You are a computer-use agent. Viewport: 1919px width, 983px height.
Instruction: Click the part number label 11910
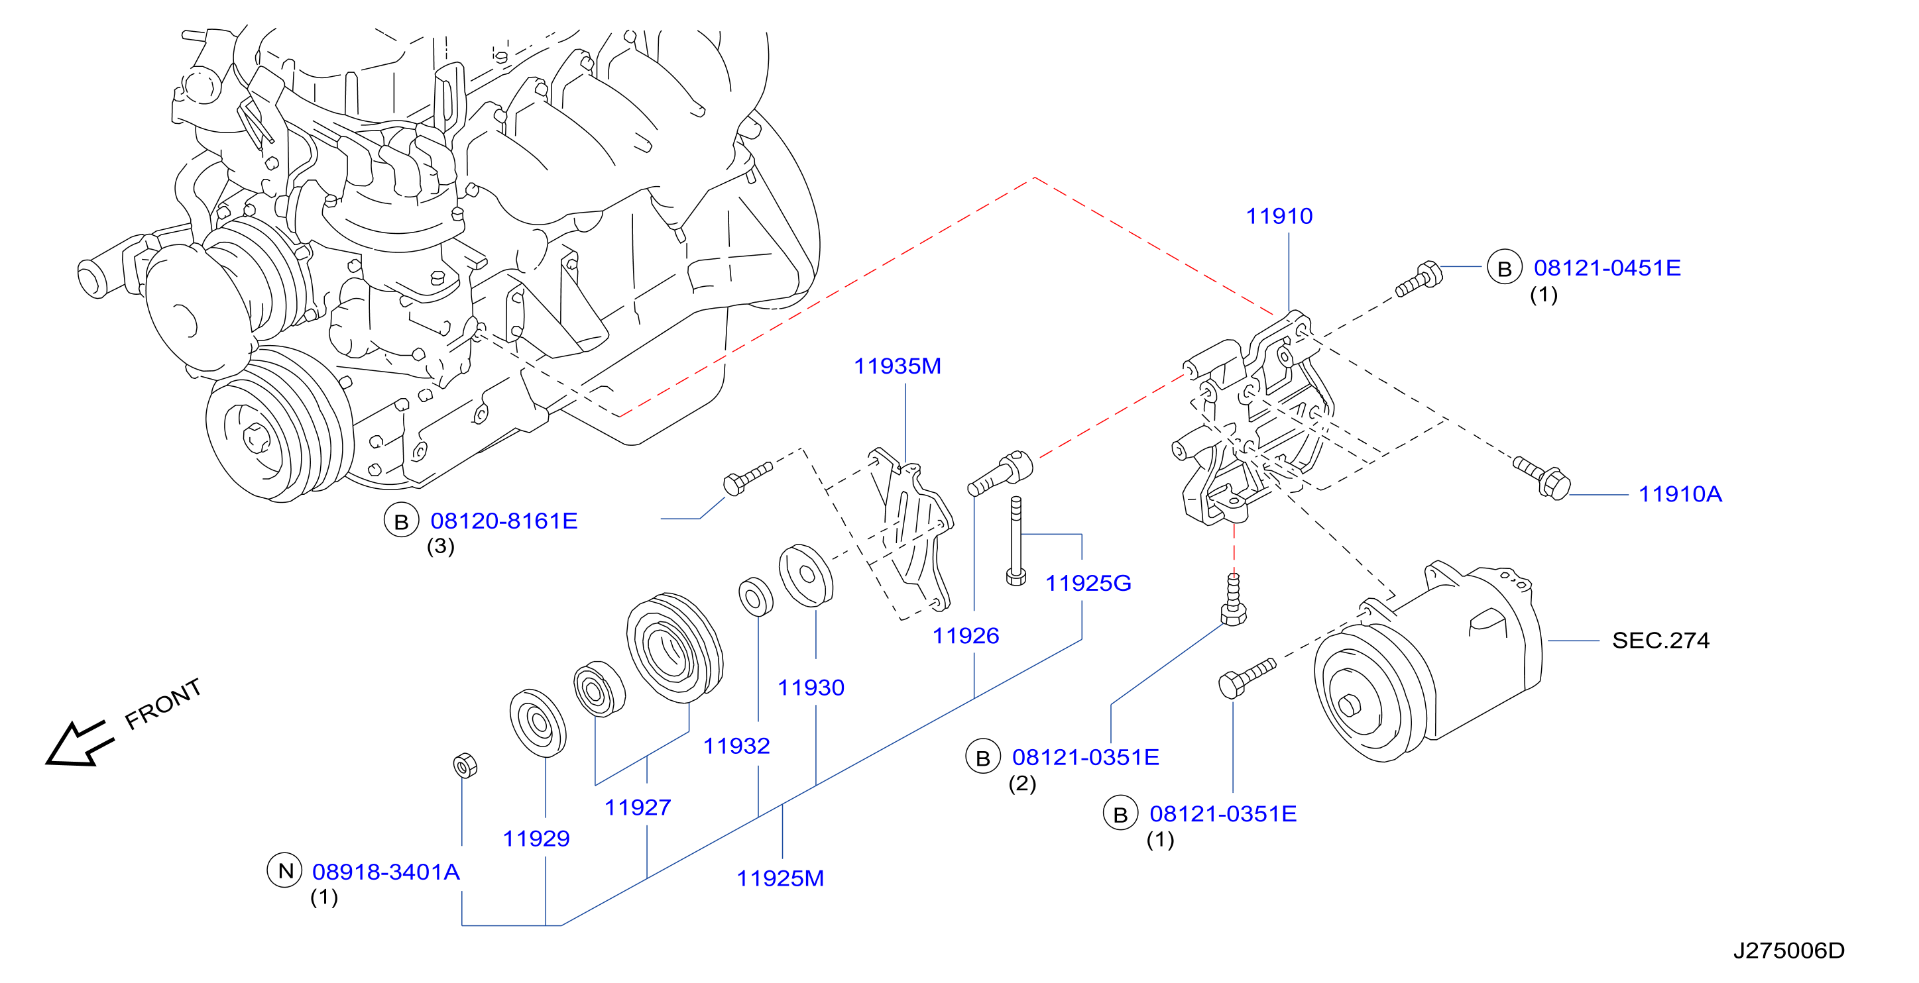[1279, 216]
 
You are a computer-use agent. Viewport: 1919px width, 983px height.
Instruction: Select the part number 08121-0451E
[1607, 268]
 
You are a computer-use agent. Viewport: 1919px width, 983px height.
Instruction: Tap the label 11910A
[1680, 493]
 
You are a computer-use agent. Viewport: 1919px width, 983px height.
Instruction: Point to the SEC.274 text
[1660, 641]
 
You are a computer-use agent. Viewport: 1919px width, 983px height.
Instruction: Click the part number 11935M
[897, 366]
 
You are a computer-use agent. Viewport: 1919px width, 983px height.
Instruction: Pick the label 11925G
[1088, 583]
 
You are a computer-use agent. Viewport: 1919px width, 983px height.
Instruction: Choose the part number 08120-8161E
[504, 521]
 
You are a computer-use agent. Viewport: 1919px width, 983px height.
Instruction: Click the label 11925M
[780, 878]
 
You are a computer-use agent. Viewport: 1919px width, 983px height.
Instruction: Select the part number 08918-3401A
[386, 871]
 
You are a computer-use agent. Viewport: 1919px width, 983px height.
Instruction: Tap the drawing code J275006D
[1788, 951]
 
